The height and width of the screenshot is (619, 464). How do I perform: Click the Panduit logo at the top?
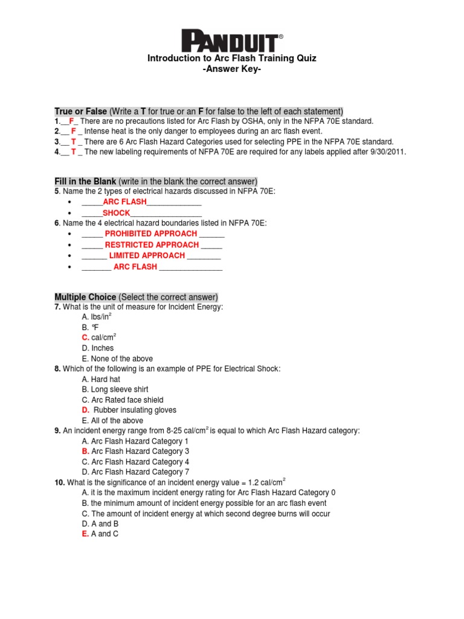point(232,42)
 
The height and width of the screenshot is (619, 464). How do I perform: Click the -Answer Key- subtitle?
point(232,70)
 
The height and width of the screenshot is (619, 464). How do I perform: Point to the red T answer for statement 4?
point(73,152)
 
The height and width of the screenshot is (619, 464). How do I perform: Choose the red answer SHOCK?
point(116,213)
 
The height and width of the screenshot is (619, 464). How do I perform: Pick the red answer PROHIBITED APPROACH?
point(150,233)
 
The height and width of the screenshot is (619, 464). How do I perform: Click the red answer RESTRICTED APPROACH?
point(152,245)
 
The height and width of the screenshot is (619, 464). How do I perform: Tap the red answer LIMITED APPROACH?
point(147,256)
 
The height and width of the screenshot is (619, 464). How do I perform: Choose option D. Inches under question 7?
point(98,348)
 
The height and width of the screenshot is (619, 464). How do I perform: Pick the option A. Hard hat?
point(101,379)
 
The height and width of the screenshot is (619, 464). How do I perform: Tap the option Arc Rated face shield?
point(123,400)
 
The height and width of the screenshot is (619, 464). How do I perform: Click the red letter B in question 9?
point(85,451)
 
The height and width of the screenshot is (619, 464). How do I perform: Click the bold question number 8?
point(57,369)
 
